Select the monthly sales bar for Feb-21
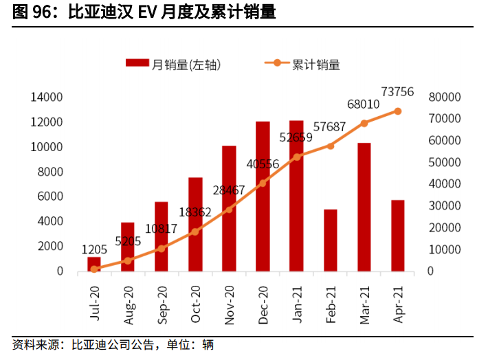click(330, 240)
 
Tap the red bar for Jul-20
click(94, 264)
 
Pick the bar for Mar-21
click(364, 206)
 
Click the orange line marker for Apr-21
click(397, 111)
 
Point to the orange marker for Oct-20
click(195, 232)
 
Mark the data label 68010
click(364, 104)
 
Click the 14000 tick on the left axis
click(47, 98)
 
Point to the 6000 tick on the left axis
click(50, 196)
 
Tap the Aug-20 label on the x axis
click(129, 302)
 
